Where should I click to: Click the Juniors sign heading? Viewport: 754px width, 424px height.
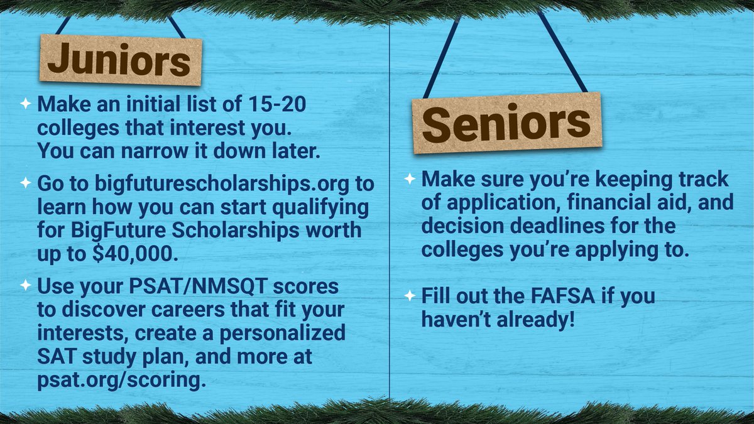click(119, 61)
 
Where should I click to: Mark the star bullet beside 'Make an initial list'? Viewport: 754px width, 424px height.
click(25, 104)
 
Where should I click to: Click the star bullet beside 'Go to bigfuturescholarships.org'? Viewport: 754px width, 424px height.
click(25, 183)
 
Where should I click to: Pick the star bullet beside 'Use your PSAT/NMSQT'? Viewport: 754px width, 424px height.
click(25, 286)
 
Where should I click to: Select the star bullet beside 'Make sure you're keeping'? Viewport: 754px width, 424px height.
click(409, 179)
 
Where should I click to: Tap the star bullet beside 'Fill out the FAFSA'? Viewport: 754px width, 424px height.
click(409, 295)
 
